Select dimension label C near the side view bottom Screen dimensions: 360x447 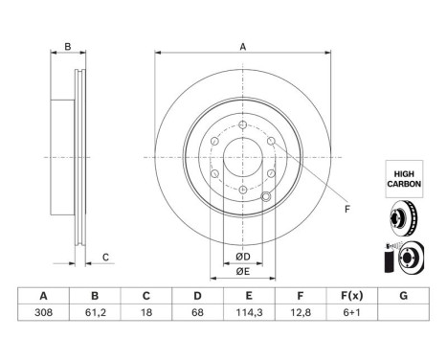pos(106,256)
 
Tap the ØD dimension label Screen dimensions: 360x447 pos(243,256)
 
